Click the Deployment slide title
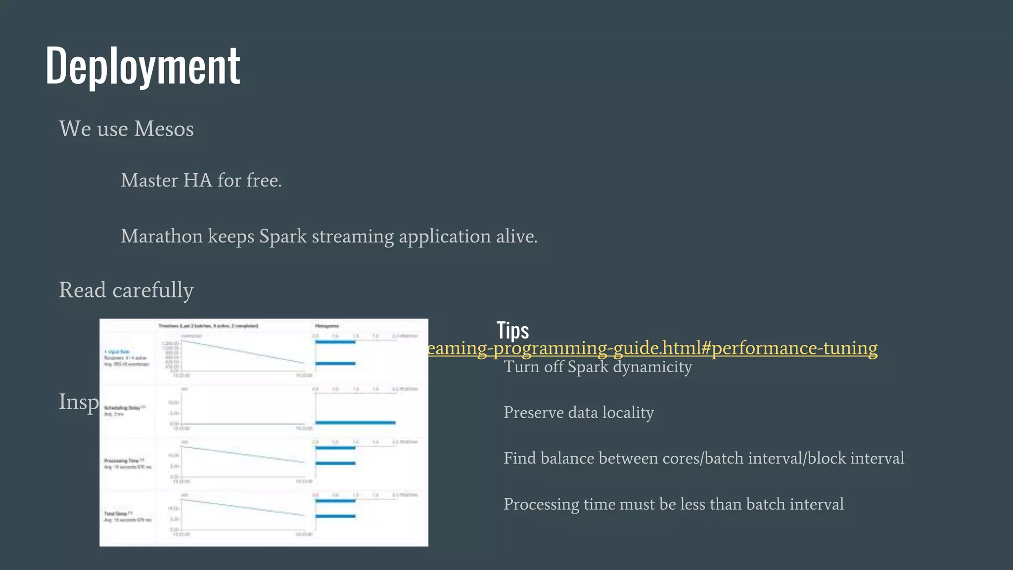pos(142,65)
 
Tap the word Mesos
pos(164,129)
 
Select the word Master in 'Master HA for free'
pos(149,181)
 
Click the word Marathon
pos(162,237)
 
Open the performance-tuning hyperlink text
pos(653,348)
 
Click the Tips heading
pos(512,331)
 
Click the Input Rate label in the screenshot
pos(119,352)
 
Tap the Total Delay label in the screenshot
pos(117,514)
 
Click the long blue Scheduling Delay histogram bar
pos(355,423)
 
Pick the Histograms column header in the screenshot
pos(326,326)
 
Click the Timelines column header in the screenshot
pos(208,326)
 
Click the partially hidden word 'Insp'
pos(79,402)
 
